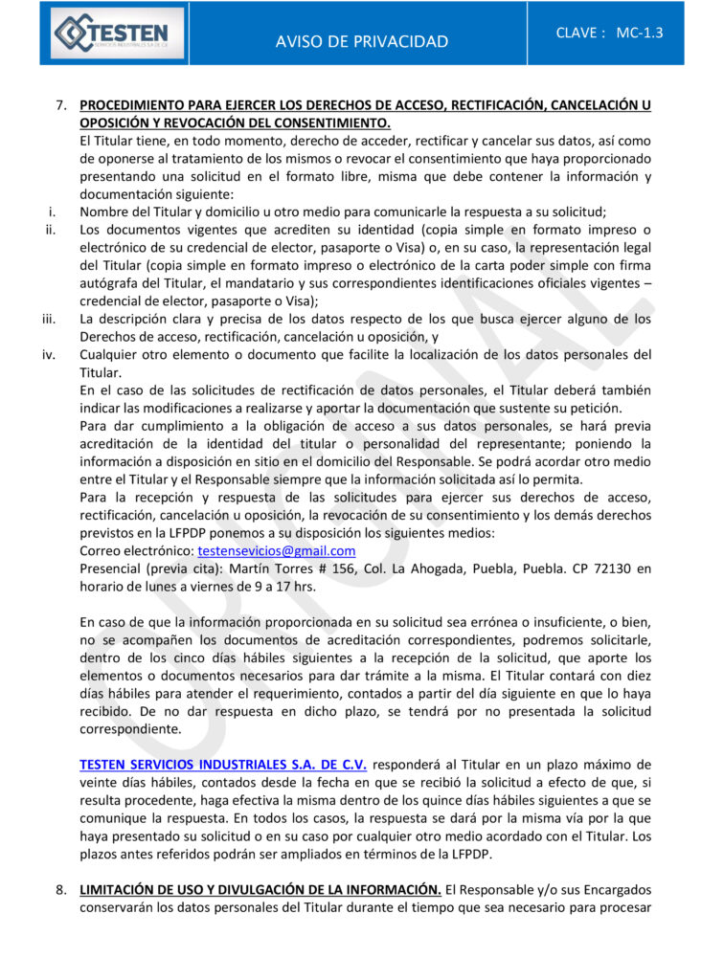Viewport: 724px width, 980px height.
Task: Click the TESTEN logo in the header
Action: tap(111, 33)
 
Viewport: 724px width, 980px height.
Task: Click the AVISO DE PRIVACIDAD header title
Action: tap(361, 41)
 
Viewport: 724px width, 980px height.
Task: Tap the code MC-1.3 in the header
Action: tap(639, 33)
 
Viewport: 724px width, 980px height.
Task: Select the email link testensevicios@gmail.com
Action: tap(277, 551)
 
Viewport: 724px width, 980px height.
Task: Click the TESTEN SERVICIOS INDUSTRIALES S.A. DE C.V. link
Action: tap(223, 765)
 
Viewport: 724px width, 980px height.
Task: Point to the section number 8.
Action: tap(60, 890)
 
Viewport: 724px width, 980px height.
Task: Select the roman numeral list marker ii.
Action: tap(51, 231)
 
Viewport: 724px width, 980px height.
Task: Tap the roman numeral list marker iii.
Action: tap(49, 319)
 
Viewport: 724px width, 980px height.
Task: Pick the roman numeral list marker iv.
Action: tap(49, 355)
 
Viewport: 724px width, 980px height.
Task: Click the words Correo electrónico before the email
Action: tap(137, 551)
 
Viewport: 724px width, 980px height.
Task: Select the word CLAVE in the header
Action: tap(580, 33)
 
